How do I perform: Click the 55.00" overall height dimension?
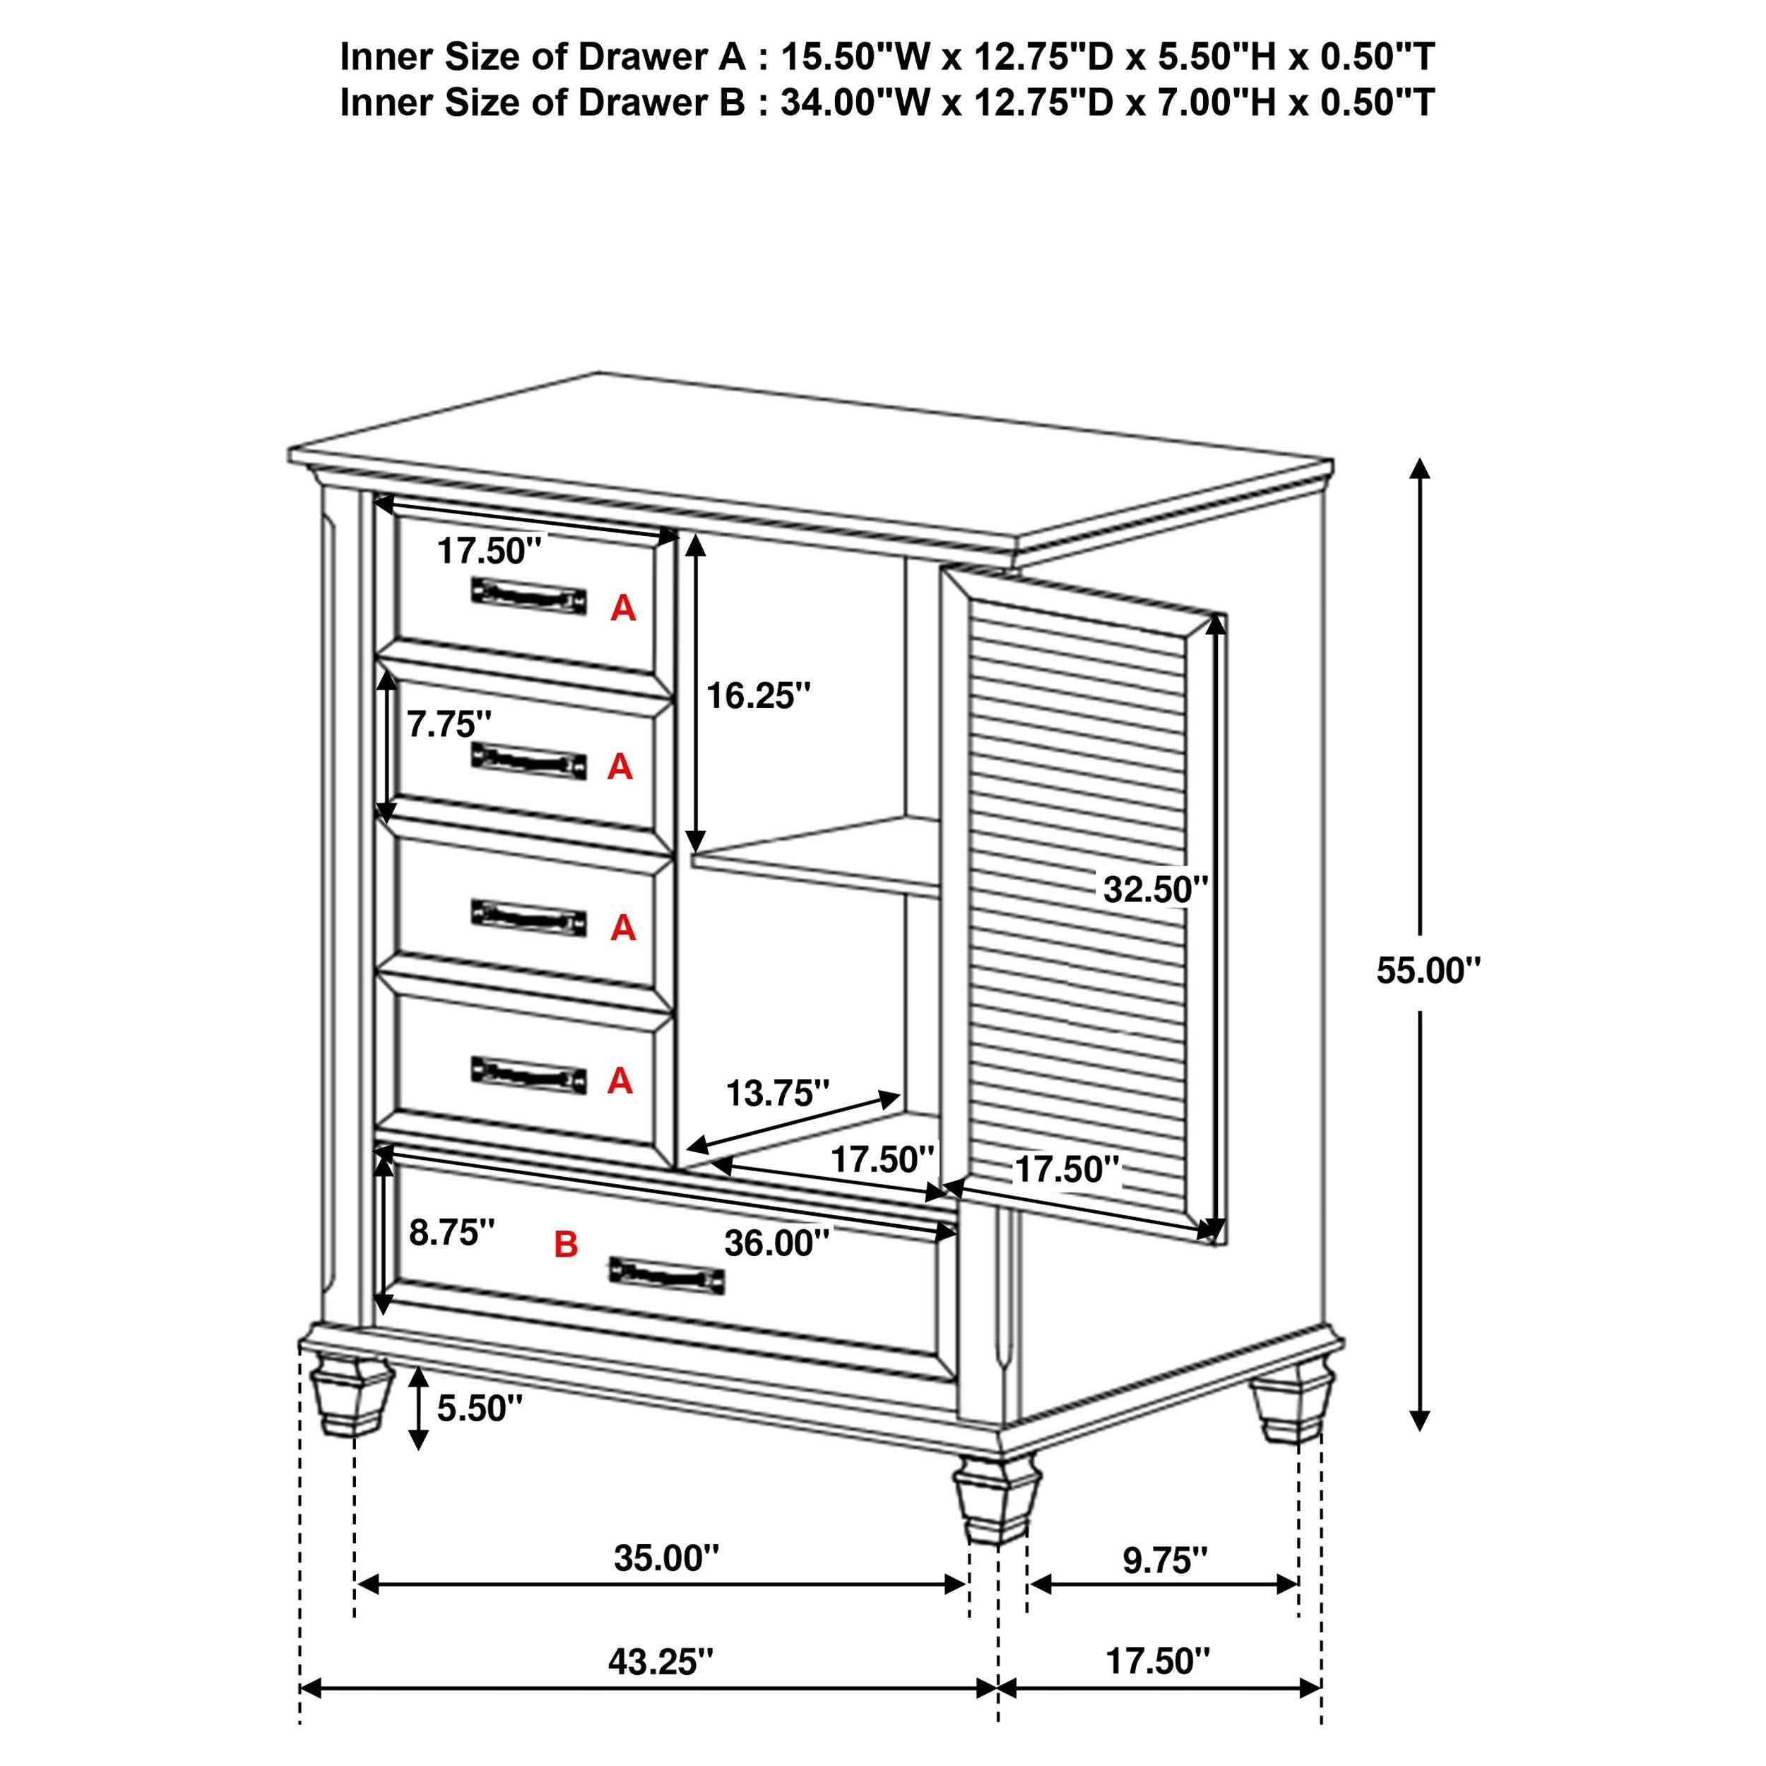click(1427, 970)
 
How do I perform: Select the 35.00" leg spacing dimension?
click(666, 1558)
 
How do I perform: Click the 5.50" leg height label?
click(479, 1409)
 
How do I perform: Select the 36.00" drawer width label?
click(776, 1243)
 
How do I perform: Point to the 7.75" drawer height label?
click(449, 725)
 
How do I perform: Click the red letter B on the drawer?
click(566, 1244)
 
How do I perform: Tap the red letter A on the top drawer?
click(622, 608)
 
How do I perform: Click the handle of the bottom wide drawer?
click(666, 1274)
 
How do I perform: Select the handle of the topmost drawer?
click(529, 596)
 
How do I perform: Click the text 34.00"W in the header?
click(855, 102)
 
